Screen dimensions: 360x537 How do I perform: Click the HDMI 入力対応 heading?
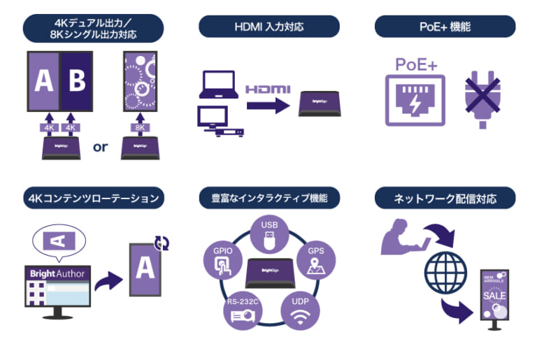click(269, 27)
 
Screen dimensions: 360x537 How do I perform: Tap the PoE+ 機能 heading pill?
click(445, 27)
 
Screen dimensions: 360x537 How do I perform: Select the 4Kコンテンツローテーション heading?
click(93, 199)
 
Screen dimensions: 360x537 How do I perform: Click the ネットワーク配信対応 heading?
click(445, 199)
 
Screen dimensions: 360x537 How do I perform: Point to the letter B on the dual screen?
click(77, 80)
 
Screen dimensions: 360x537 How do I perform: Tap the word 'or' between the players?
click(101, 147)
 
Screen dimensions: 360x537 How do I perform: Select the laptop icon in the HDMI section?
click(219, 85)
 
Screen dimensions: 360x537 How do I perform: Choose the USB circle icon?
click(269, 234)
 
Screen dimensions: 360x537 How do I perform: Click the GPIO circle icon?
click(223, 260)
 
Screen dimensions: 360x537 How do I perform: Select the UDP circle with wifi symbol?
click(299, 310)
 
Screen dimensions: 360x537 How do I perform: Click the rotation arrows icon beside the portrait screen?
click(162, 243)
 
